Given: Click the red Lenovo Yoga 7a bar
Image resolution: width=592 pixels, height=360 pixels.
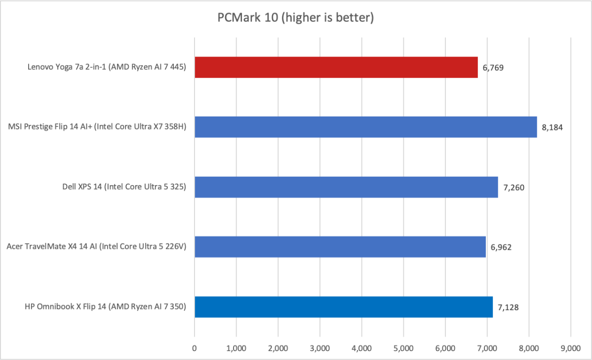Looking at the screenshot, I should click(x=336, y=67).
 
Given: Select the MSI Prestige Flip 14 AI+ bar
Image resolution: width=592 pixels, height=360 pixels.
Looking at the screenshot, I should click(x=365, y=127).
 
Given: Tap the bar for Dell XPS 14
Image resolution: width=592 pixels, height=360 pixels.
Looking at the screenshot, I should click(x=346, y=187).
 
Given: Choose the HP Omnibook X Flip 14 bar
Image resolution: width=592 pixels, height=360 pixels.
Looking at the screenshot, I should click(x=343, y=307).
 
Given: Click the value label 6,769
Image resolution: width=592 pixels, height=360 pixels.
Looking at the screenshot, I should click(x=493, y=68).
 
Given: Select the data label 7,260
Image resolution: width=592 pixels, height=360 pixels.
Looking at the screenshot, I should click(x=513, y=187).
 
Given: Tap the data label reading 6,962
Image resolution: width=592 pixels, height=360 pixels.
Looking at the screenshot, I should click(x=501, y=247).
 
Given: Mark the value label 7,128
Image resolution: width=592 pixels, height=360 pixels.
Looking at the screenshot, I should click(x=508, y=307).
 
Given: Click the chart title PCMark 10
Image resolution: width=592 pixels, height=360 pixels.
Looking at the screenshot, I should click(x=295, y=18).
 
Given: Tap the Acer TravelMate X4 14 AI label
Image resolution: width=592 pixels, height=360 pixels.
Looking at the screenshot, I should click(x=96, y=247).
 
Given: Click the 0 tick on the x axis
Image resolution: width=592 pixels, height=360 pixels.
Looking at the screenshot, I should click(x=195, y=348).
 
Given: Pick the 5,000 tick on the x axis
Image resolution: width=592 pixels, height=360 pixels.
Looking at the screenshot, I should click(x=403, y=348).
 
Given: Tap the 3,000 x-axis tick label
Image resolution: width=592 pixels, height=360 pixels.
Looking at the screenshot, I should click(x=320, y=348).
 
